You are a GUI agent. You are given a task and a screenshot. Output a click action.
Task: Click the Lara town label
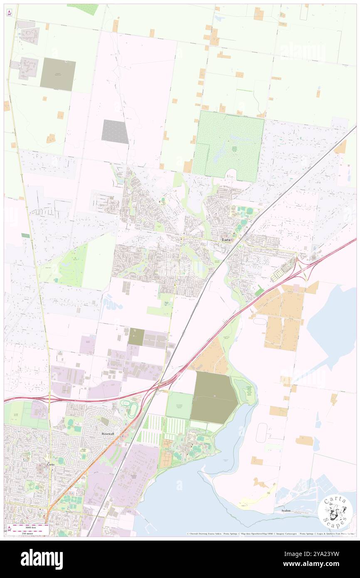pyautogui.click(x=227, y=240)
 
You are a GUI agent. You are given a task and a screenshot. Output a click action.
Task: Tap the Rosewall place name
pyautogui.click(x=108, y=433)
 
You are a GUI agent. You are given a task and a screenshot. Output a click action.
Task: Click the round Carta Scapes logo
pyautogui.click(x=335, y=512)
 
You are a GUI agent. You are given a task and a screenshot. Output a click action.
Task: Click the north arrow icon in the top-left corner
pyautogui.click(x=9, y=13)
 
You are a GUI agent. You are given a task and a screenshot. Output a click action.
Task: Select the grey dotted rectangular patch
pyautogui.click(x=115, y=131)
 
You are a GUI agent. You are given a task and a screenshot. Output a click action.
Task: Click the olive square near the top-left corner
pyautogui.click(x=58, y=74)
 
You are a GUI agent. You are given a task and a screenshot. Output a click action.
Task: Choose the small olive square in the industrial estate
pyautogui.click(x=136, y=336)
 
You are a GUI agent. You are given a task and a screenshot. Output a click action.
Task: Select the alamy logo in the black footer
pyautogui.click(x=42, y=559)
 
